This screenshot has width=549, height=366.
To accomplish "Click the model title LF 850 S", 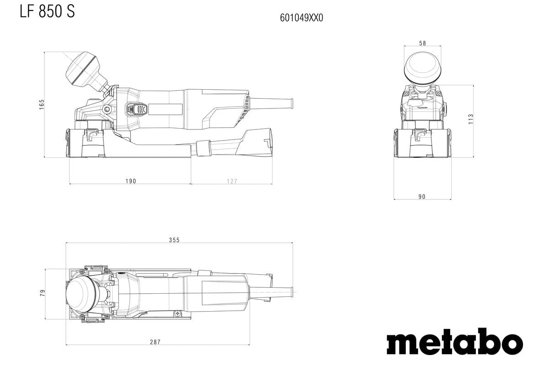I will pyautogui.click(x=47, y=11).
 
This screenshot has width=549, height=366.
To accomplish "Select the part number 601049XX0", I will pyautogui.click(x=301, y=18).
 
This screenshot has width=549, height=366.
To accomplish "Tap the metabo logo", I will pyautogui.click(x=454, y=341).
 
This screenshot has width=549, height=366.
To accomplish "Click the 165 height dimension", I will pyautogui.click(x=41, y=104).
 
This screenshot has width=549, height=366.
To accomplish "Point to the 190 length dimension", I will pyautogui.click(x=131, y=181).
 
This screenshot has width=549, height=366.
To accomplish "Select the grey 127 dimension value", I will pyautogui.click(x=232, y=181).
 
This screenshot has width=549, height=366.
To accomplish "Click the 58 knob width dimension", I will pyautogui.click(x=422, y=43).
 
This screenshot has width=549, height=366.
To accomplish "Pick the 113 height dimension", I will pyautogui.click(x=471, y=119).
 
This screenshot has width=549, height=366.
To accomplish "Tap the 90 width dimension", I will pyautogui.click(x=422, y=197).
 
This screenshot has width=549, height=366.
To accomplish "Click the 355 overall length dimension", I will pyautogui.click(x=174, y=240).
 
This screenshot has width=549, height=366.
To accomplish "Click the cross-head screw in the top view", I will pyautogui.click(x=177, y=313).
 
